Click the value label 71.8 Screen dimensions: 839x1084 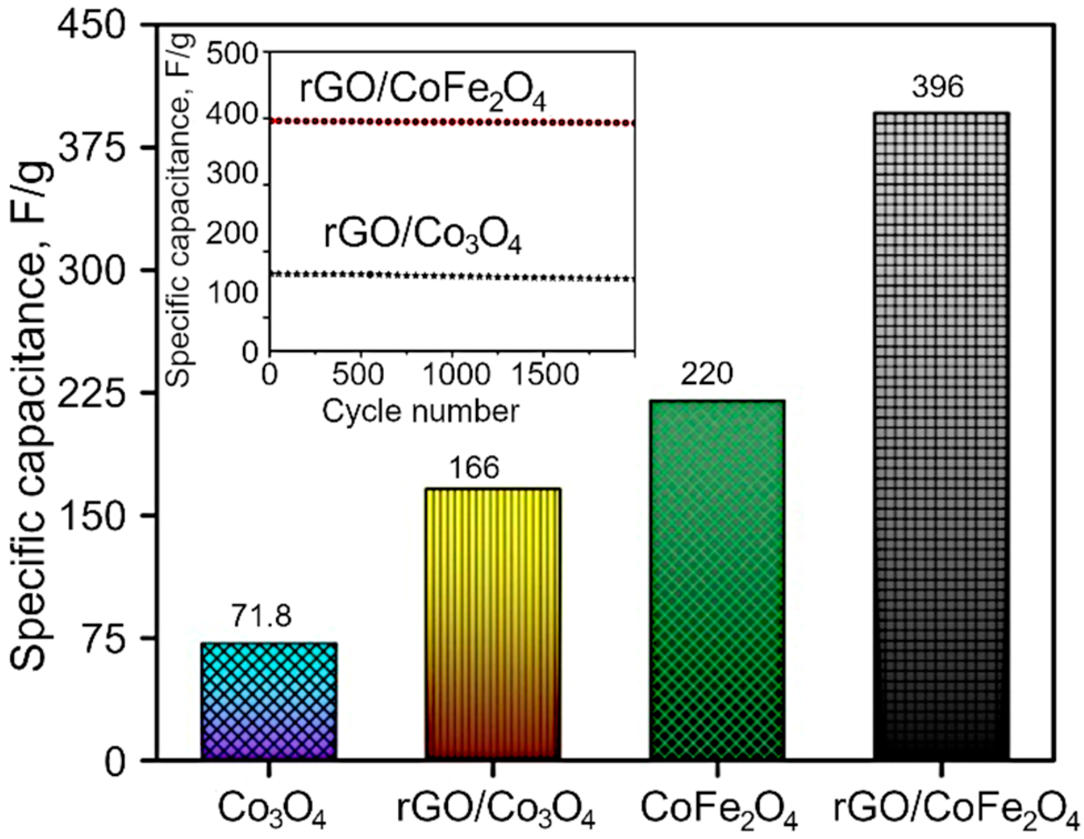(261, 616)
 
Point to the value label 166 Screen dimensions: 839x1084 (474, 467)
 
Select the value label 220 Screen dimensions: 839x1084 (706, 375)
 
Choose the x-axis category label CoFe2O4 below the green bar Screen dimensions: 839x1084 (719, 809)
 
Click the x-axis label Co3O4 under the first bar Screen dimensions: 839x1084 (271, 809)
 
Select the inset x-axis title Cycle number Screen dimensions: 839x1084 (421, 412)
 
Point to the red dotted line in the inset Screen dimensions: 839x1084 (452, 122)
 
